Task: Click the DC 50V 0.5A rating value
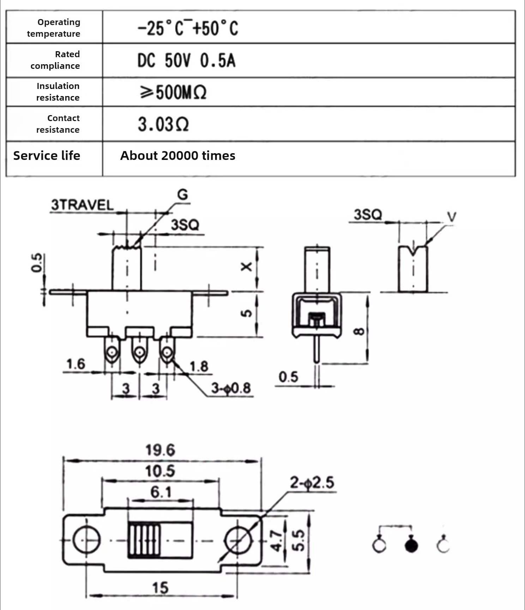click(186, 60)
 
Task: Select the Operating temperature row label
click(54, 28)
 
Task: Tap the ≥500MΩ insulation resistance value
click(173, 92)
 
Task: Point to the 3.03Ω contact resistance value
click(163, 124)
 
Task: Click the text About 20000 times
click(178, 156)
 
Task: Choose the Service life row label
click(47, 156)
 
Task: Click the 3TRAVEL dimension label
click(83, 205)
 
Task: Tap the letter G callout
click(182, 195)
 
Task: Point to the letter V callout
click(452, 217)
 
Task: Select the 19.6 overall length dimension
click(160, 450)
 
